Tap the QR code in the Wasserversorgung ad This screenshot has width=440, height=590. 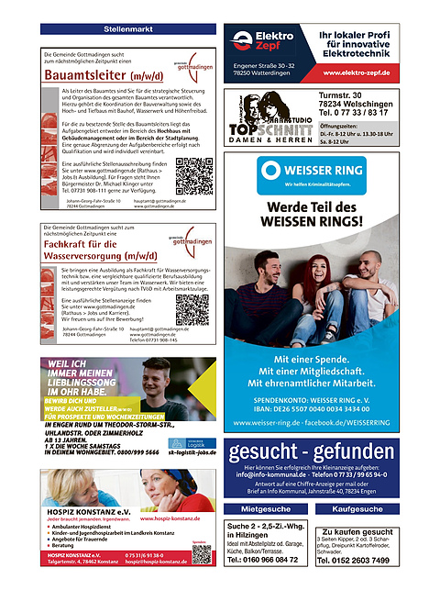(x=192, y=310)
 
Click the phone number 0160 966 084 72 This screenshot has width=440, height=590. (x=267, y=559)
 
